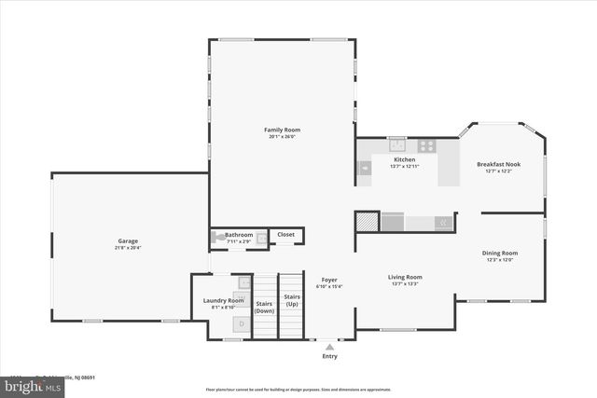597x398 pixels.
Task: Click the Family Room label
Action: coord(282,130)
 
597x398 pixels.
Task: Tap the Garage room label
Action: coord(128,240)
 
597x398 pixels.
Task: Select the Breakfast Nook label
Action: coord(499,164)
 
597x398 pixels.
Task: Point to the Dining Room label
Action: coord(499,253)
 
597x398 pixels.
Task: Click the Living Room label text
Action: coord(405,277)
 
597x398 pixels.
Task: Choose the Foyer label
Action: coord(329,280)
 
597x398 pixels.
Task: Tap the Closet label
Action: coord(285,235)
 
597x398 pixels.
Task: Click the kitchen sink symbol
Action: coord(397,144)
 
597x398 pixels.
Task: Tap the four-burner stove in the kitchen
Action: coord(426,144)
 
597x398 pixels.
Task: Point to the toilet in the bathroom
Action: coord(218,238)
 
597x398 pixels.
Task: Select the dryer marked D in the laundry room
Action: coord(242,323)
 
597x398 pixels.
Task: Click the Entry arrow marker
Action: coord(329,347)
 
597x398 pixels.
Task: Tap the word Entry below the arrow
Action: coord(329,356)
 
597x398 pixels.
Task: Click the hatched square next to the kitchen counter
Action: coord(368,221)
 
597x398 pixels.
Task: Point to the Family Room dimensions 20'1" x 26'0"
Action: coord(282,137)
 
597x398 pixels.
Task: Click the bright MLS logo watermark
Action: coord(21,384)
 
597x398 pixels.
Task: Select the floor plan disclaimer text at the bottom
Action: coord(298,390)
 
